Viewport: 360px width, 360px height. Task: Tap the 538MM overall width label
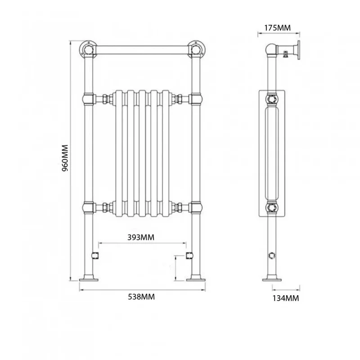[142, 297]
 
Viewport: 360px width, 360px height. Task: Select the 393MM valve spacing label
[142, 237]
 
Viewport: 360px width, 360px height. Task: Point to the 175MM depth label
[277, 28]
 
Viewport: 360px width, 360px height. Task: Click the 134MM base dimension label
[285, 298]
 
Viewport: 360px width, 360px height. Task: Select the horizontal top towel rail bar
[142, 49]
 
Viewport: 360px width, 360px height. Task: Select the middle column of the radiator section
[142, 153]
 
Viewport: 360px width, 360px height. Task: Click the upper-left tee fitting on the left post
[89, 98]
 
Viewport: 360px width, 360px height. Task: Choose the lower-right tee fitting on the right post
[196, 208]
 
